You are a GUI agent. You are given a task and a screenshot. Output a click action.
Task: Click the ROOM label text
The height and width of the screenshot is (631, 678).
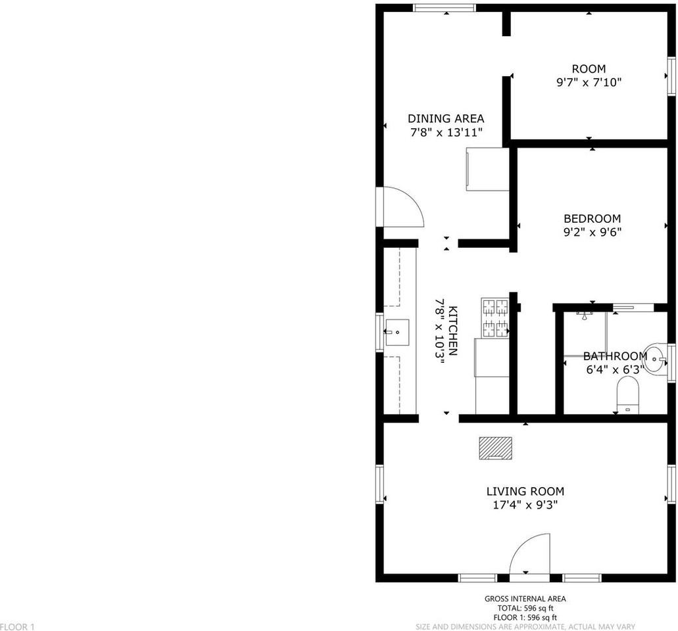tap(589, 69)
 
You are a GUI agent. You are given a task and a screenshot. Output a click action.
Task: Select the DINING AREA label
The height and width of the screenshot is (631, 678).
tap(446, 119)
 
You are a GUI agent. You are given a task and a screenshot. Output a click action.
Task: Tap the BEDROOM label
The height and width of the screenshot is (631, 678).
tap(593, 219)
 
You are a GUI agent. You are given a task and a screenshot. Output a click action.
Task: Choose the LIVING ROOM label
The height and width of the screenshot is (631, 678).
tap(525, 491)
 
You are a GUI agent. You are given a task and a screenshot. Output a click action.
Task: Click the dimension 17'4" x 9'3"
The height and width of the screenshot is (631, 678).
tap(525, 505)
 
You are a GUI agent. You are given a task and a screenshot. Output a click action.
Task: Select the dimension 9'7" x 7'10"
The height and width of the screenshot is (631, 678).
tap(589, 83)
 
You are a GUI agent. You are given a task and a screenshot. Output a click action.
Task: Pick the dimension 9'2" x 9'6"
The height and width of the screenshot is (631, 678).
tap(593, 232)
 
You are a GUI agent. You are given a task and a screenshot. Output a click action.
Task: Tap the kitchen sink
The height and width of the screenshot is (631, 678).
tap(397, 333)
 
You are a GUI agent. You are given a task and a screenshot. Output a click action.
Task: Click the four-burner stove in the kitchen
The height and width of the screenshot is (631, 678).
tap(495, 318)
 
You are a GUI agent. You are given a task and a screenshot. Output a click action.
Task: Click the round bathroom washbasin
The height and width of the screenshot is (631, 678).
tap(654, 358)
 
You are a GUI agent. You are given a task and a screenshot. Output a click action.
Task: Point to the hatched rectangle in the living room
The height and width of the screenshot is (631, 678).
tap(495, 448)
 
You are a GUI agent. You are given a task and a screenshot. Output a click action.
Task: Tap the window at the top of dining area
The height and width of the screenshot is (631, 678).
tap(444, 8)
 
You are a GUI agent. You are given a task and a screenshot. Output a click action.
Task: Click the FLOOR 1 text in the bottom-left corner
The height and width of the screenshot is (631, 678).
tap(18, 627)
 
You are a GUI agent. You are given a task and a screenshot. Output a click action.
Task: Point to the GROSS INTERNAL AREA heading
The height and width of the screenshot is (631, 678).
tap(525, 599)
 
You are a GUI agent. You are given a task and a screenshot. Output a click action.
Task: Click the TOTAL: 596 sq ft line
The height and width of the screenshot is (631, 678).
tap(525, 609)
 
